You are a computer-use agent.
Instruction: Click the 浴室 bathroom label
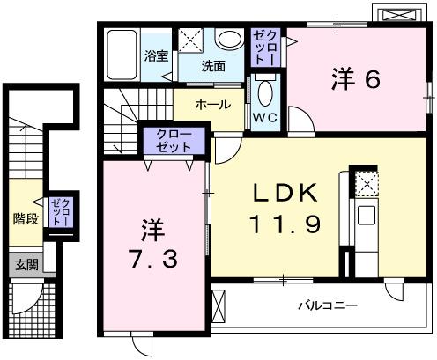[x=156, y=55]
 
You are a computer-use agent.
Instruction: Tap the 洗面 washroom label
[x=212, y=65]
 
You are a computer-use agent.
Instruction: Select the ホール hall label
[x=212, y=104]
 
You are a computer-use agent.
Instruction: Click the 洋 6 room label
[x=355, y=79]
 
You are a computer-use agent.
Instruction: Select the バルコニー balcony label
[x=326, y=307]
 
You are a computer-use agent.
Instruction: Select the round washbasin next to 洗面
[x=229, y=40]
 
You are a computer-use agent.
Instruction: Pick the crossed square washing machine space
[x=191, y=40]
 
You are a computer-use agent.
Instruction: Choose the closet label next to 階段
[x=59, y=212]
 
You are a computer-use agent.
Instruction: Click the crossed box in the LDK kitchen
[x=365, y=182]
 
